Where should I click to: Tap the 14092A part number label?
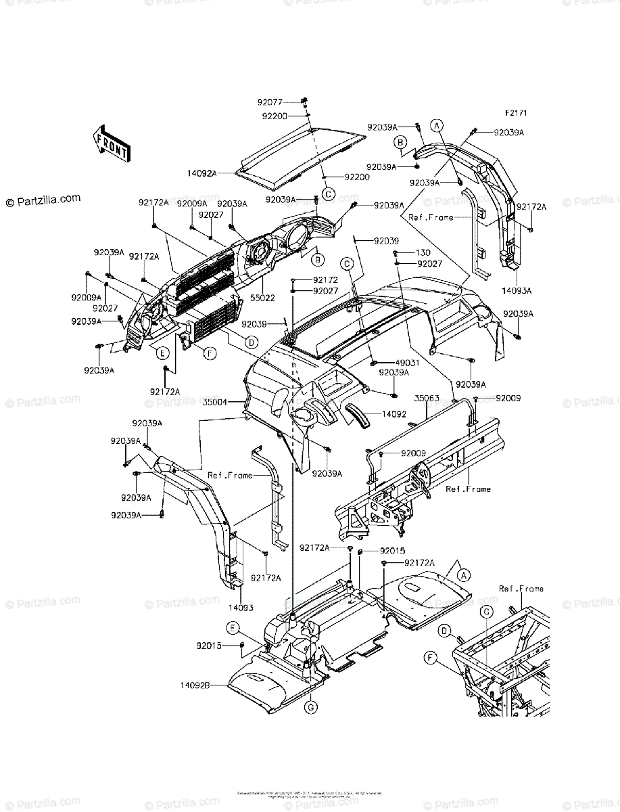pos(202,174)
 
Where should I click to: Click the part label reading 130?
pos(423,252)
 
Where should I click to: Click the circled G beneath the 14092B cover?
pos(310,708)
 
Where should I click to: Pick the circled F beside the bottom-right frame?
pos(429,656)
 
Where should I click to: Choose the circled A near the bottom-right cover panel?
pos(462,574)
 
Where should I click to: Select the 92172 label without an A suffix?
pos(306,279)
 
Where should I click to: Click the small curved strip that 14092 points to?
pos(358,417)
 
